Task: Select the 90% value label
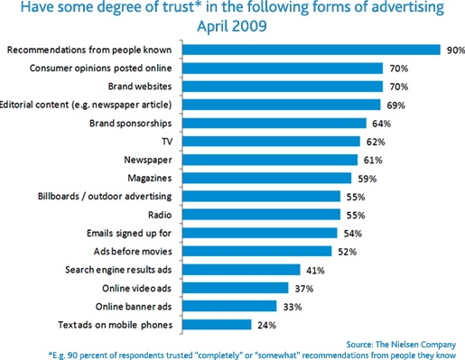tap(453, 49)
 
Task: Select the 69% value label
tap(387, 105)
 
